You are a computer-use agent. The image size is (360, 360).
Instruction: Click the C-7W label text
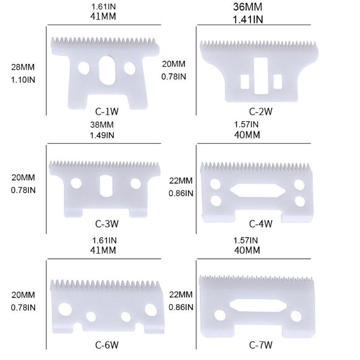coord(260,346)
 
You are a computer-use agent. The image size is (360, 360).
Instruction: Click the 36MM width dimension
coord(248,7)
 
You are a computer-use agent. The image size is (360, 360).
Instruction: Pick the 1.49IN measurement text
coord(104,135)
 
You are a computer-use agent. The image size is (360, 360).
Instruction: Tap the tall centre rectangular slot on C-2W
coord(260,75)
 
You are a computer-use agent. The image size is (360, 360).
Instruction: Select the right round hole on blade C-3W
coord(135,183)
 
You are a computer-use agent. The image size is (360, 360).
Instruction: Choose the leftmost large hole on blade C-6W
coord(65,309)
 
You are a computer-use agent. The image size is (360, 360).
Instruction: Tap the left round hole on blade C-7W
coord(220,315)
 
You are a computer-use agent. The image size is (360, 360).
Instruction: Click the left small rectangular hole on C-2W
coord(245,81)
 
